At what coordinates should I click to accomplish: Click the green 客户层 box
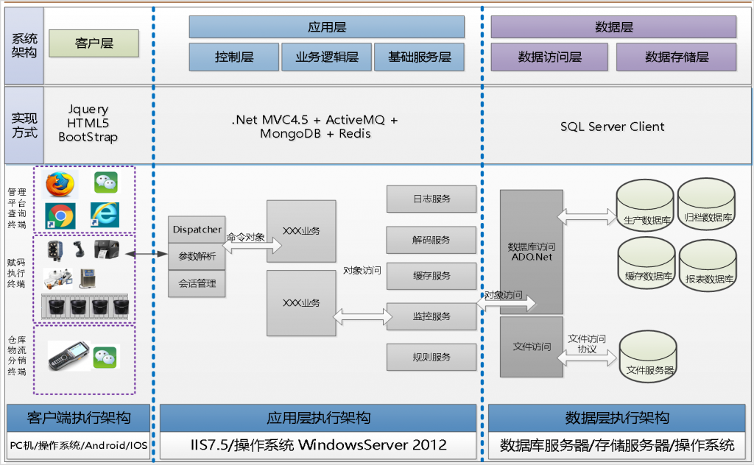[x=93, y=43]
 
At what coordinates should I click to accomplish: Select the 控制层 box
[x=234, y=57]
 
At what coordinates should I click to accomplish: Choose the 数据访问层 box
[x=549, y=57]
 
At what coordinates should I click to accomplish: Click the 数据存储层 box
[x=676, y=57]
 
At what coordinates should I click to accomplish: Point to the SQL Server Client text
[x=612, y=127]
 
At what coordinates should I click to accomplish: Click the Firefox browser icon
[x=60, y=184]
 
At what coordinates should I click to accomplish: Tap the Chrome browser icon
[x=60, y=214]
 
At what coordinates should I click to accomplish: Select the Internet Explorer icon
[x=105, y=214]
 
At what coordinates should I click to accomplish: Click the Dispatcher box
[x=197, y=230]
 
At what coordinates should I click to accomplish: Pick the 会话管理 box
[x=197, y=283]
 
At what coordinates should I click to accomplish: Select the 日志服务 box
[x=431, y=199]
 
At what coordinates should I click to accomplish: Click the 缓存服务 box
[x=431, y=276]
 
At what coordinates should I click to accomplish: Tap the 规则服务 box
[x=431, y=357]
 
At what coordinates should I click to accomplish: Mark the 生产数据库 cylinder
[x=645, y=206]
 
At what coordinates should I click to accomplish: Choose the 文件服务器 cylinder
[x=648, y=359]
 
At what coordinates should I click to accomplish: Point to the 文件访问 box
[x=531, y=347]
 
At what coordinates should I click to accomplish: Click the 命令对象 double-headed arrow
[x=244, y=247]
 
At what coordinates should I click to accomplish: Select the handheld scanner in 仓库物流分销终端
[x=68, y=358]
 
